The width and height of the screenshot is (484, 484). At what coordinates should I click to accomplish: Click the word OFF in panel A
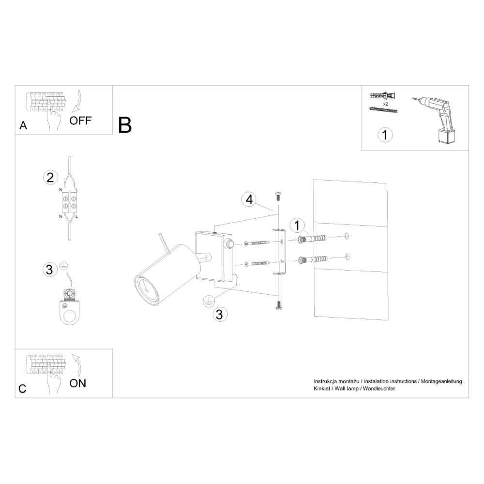click(x=80, y=121)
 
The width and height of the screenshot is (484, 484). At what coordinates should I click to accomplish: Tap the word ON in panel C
click(x=77, y=383)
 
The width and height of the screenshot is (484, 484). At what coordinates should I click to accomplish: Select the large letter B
click(x=125, y=125)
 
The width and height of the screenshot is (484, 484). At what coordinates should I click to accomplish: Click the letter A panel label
click(x=23, y=126)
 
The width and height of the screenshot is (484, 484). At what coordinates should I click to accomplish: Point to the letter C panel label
click(x=22, y=389)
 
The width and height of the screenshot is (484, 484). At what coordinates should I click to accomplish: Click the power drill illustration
click(x=436, y=119)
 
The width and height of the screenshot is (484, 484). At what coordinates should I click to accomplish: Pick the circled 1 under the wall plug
click(x=385, y=135)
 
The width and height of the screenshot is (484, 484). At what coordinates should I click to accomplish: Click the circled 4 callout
click(x=249, y=199)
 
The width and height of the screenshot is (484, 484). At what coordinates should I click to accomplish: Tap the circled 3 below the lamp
click(x=220, y=314)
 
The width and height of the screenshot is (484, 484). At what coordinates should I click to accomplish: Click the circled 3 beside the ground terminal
click(x=49, y=270)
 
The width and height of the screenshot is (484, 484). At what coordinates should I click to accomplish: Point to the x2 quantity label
click(x=386, y=104)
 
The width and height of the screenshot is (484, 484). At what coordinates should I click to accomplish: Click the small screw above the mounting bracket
click(x=278, y=196)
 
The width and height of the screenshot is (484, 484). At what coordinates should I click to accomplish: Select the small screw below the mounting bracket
click(x=278, y=305)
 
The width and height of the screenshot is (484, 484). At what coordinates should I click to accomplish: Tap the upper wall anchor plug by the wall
click(x=312, y=239)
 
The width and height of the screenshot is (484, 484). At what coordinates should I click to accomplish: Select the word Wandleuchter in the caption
click(x=379, y=389)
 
